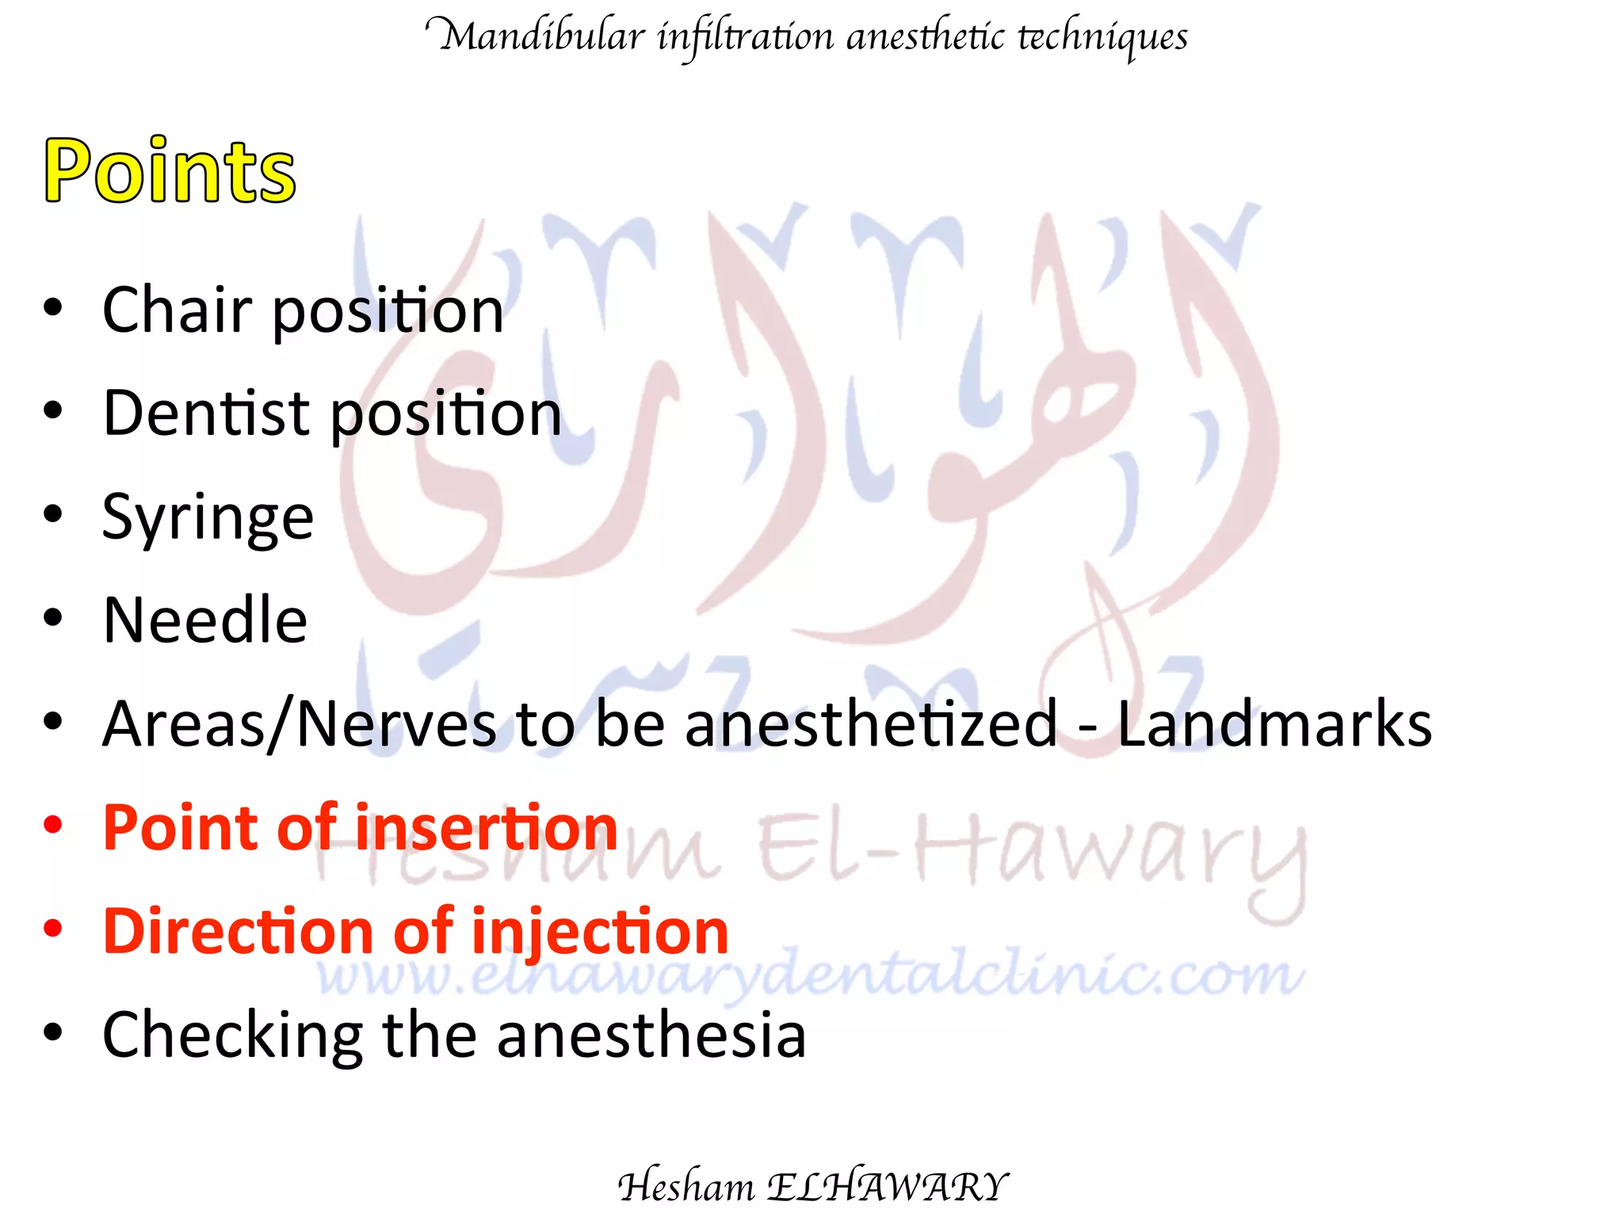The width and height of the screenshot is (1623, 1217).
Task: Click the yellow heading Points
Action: tap(170, 171)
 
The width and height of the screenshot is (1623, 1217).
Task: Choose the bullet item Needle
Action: tap(204, 620)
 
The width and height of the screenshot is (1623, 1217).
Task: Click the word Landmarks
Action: tap(1274, 723)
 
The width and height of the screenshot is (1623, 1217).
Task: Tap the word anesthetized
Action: tap(870, 723)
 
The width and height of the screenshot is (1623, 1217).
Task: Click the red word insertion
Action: tap(486, 828)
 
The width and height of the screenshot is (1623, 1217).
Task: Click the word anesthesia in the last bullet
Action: tap(651, 1035)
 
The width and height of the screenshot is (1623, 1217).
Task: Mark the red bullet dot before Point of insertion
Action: tap(53, 825)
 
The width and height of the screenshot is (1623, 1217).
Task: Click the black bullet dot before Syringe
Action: tap(53, 514)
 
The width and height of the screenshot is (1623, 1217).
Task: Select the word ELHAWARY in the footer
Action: tap(888, 1186)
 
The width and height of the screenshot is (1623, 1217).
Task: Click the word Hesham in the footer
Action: tap(686, 1186)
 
